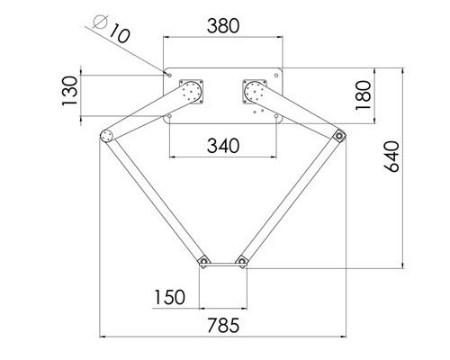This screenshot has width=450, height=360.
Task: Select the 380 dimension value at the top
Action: pos(223,26)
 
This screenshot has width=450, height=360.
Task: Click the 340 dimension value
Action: pos(222,144)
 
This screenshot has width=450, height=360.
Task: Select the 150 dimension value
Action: pos(169,297)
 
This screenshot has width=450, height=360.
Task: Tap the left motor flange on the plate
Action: pos(191,91)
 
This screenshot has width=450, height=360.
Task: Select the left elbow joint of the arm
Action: pos(106,136)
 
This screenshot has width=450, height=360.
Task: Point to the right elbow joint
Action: pos(339,136)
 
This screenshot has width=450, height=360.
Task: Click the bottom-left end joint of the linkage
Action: pos(202,262)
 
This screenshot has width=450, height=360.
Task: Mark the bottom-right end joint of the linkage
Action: pos(242,262)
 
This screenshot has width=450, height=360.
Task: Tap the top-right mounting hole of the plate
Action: pos(277,75)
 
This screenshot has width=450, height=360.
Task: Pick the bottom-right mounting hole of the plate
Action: pos(277,116)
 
